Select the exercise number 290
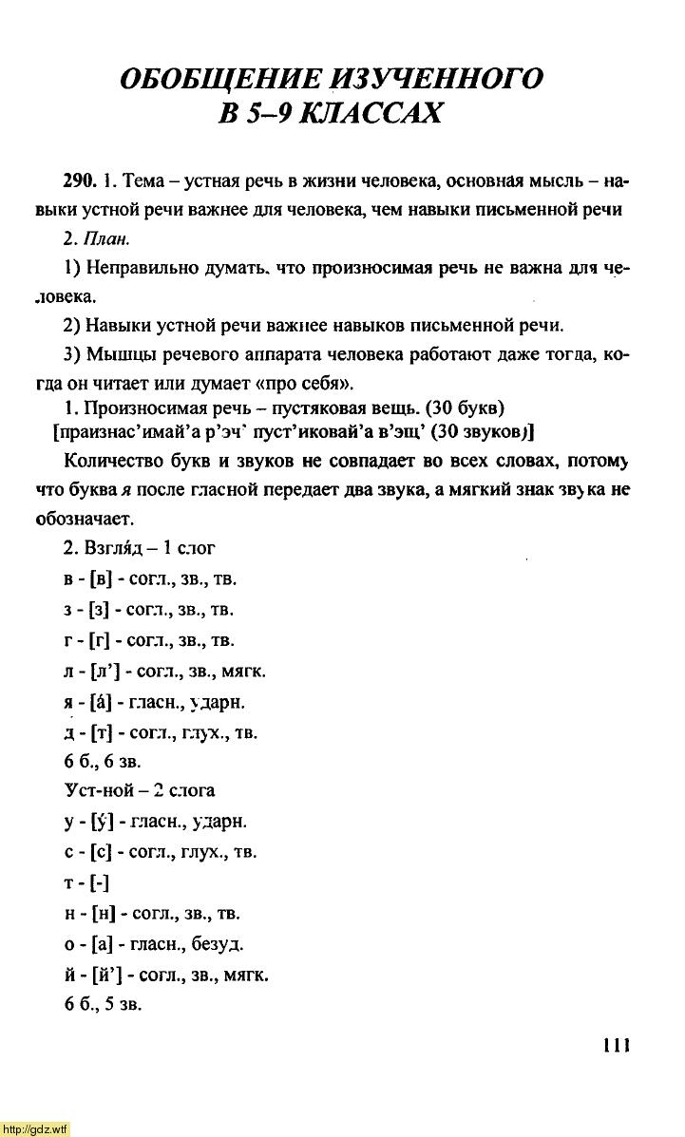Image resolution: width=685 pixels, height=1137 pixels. (x=80, y=180)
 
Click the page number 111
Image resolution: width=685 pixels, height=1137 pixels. (x=616, y=1045)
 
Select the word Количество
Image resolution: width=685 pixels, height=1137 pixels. (x=117, y=462)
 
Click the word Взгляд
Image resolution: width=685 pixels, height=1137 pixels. (x=116, y=548)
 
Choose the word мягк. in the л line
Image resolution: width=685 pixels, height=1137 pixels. (x=242, y=672)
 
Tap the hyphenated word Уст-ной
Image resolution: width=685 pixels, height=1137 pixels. (x=99, y=790)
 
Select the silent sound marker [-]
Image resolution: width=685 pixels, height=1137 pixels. (x=99, y=883)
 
